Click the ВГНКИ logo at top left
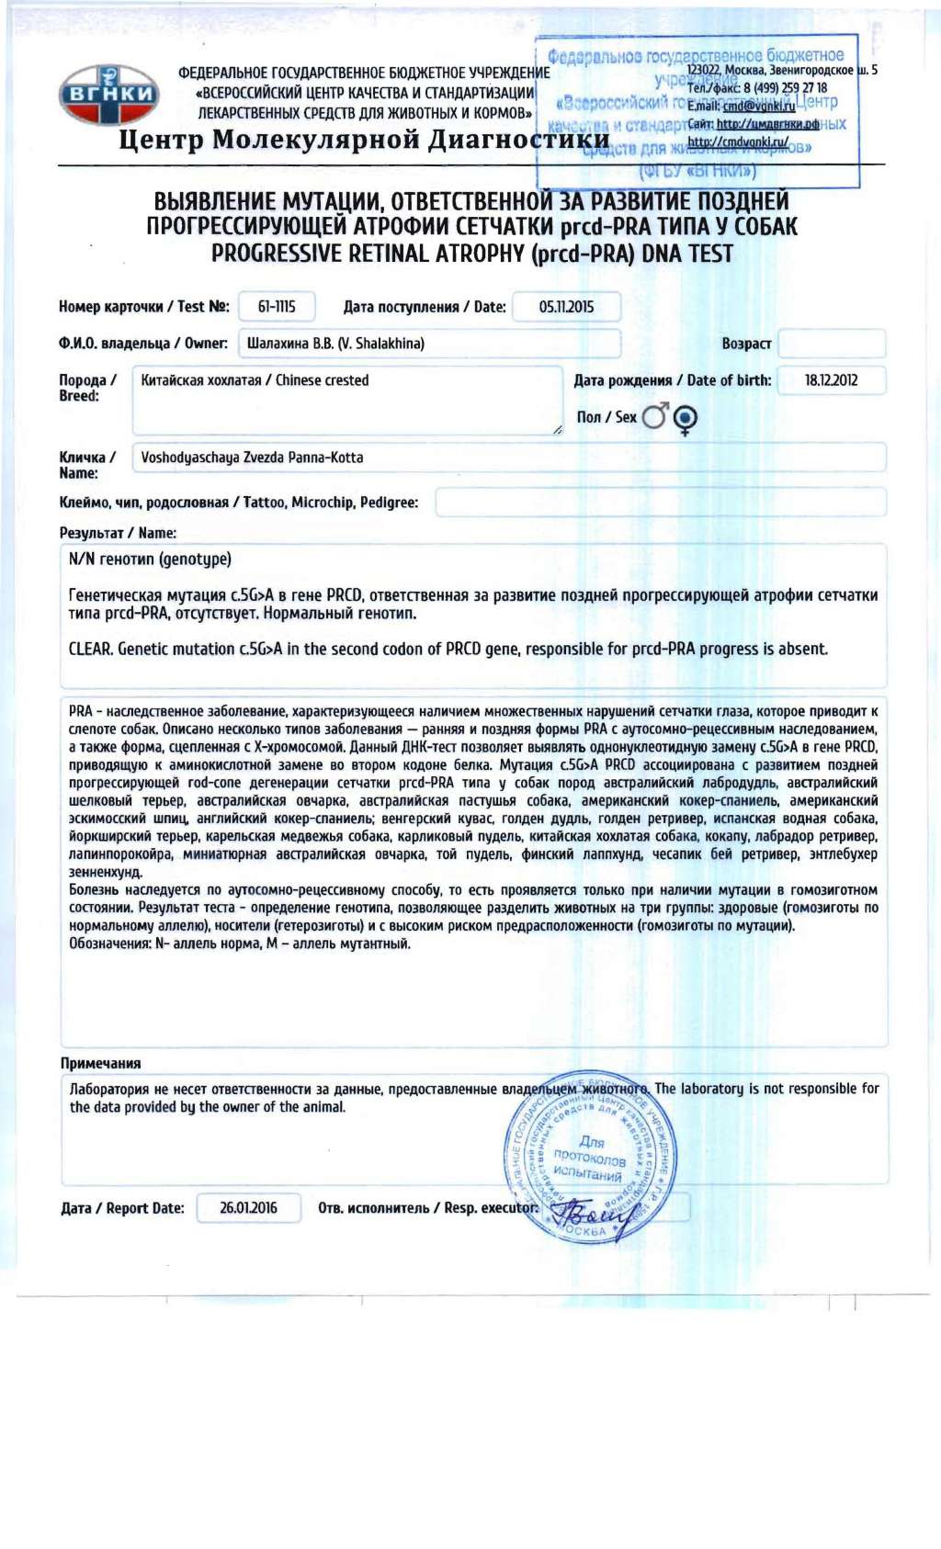tap(108, 95)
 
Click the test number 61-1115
tap(277, 307)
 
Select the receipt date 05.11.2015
tap(566, 307)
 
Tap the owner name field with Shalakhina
tap(428, 344)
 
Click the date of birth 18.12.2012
tap(831, 380)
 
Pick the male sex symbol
tap(655, 417)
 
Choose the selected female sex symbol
tap(685, 418)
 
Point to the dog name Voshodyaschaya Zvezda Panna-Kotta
tap(252, 458)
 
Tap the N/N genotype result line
tap(150, 560)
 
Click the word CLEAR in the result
tap(90, 649)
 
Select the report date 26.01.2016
tap(248, 1207)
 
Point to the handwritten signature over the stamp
tap(595, 1217)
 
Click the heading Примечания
tap(101, 1063)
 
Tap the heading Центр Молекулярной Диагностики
tap(364, 140)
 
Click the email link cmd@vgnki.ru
tap(759, 107)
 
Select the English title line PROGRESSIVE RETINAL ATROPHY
tap(471, 254)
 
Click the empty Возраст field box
tap(832, 344)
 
